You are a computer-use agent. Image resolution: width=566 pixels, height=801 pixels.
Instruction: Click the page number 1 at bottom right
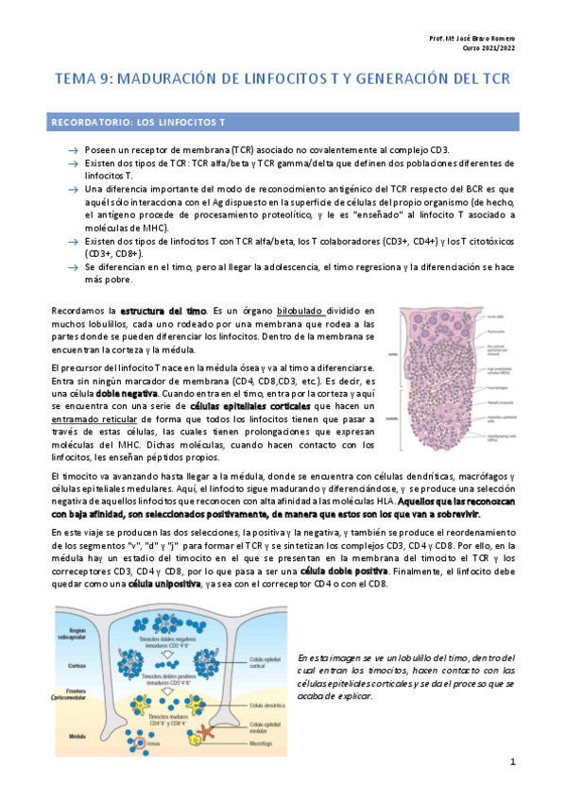pyautogui.click(x=512, y=761)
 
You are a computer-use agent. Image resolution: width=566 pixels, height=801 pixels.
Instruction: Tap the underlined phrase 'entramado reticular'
pyautogui.click(x=98, y=418)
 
